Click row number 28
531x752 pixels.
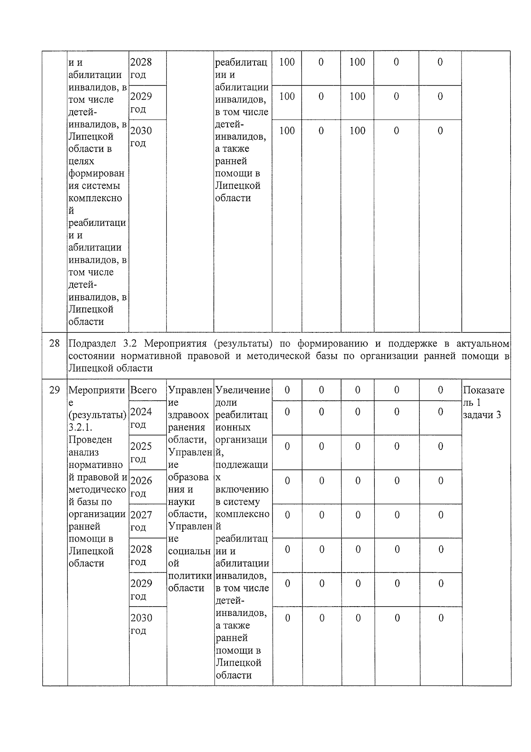point(54,343)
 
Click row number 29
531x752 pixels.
point(54,390)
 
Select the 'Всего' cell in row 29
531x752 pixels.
point(143,390)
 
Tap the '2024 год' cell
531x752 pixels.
point(141,418)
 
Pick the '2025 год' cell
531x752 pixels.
point(141,452)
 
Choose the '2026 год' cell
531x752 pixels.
point(141,487)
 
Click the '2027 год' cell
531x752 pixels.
point(141,521)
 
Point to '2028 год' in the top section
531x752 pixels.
point(141,68)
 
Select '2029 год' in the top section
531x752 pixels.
point(141,102)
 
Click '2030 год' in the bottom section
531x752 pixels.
point(141,624)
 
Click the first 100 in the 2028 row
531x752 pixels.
point(287,62)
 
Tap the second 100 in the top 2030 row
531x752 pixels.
point(357,131)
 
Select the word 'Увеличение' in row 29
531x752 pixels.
point(242,390)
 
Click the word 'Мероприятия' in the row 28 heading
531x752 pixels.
point(176,343)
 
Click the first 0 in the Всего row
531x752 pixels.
point(287,390)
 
